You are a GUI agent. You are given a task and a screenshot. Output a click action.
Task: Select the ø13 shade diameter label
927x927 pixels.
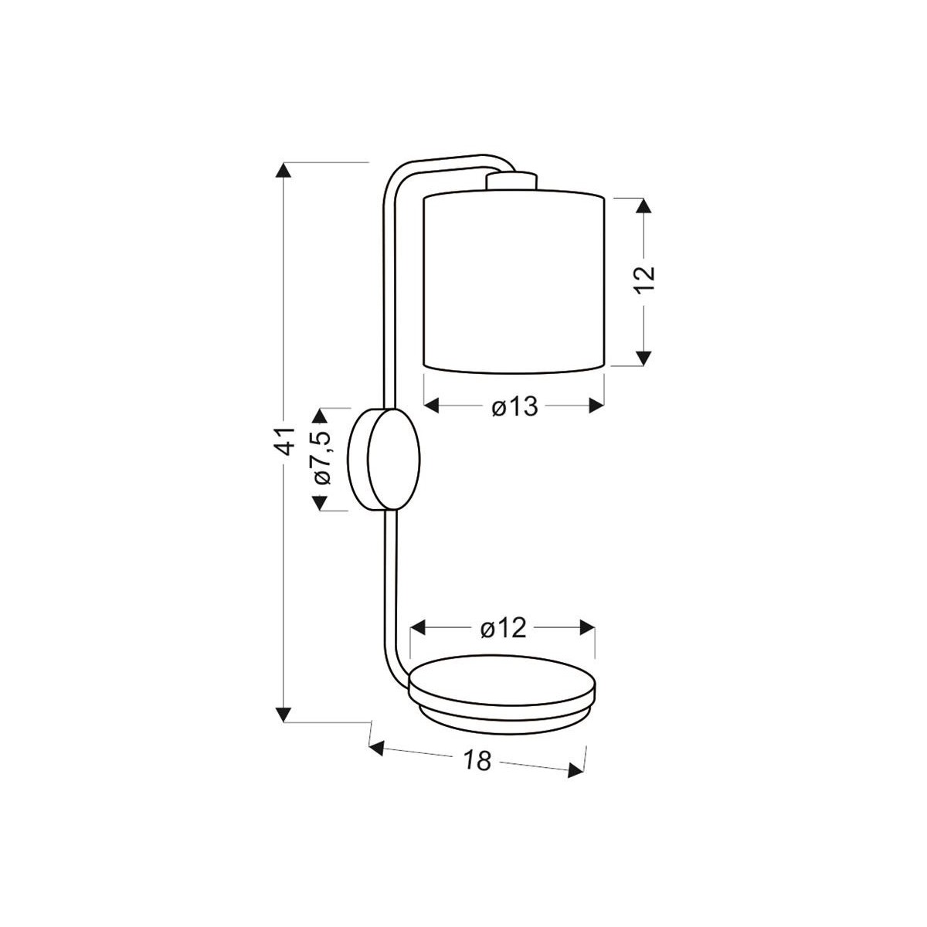514,406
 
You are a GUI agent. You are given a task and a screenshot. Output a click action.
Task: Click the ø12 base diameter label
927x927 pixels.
503,629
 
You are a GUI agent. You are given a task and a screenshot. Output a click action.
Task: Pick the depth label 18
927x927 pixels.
478,761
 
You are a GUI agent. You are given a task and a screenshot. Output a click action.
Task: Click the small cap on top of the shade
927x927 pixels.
511,181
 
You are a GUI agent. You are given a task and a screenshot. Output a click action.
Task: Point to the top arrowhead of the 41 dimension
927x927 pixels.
286,171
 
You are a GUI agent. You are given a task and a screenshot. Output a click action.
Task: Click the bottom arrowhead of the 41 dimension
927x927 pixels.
286,713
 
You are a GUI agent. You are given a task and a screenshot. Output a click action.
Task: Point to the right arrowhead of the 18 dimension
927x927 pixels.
576,770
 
